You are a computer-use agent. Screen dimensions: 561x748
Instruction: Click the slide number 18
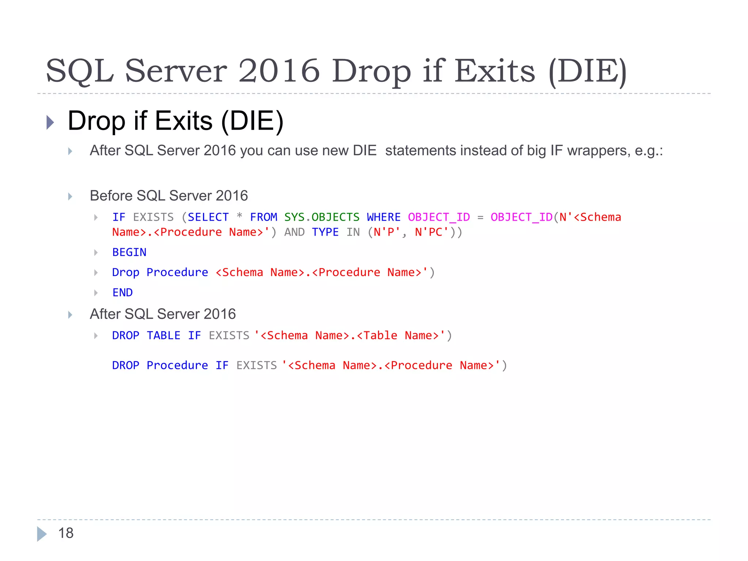pos(66,533)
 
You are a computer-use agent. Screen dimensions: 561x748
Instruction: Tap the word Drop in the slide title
pos(371,71)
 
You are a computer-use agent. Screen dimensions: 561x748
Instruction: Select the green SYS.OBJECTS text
pos(322,217)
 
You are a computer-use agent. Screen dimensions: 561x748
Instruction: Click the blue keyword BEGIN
pos(129,252)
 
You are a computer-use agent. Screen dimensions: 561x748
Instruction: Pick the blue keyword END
pos(122,293)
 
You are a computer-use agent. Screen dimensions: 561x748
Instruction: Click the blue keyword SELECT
pos(208,217)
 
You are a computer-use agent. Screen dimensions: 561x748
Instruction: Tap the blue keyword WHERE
pos(383,217)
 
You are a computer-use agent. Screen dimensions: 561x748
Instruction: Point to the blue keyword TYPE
pos(325,232)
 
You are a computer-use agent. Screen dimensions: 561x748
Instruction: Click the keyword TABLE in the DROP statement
pos(163,336)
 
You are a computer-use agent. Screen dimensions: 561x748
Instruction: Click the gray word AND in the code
pos(294,232)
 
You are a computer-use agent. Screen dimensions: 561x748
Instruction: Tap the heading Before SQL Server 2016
pos(169,196)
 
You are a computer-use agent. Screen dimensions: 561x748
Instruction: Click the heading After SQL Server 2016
pos(163,314)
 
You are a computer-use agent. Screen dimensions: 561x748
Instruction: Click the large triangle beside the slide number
pos(42,534)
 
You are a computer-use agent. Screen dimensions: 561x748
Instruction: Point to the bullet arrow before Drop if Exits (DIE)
pos(50,122)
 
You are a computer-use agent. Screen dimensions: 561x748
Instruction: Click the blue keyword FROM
pos(263,217)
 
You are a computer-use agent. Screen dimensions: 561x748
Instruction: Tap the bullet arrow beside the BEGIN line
pos(96,252)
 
